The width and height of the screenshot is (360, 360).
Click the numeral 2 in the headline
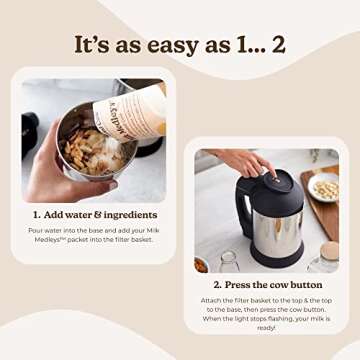coord(279,44)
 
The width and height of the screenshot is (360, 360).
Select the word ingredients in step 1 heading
coord(130,215)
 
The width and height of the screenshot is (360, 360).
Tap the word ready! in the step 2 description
coord(266,328)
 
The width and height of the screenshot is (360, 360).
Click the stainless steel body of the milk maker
coord(277,229)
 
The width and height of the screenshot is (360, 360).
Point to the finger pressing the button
coord(268,168)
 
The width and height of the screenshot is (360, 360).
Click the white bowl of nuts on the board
coord(323,188)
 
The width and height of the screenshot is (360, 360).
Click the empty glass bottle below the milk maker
coord(230,262)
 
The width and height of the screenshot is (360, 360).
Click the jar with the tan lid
coord(324,261)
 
